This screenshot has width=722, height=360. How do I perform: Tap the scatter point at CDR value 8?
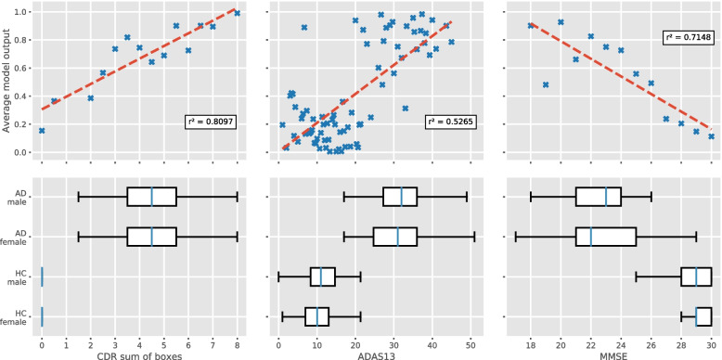pyautogui.click(x=238, y=13)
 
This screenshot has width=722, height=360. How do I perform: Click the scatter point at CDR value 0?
pyautogui.click(x=42, y=131)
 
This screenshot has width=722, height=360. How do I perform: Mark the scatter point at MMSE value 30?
pyautogui.click(x=711, y=136)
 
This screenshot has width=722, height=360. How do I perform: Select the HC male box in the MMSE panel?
pyautogui.click(x=695, y=276)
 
